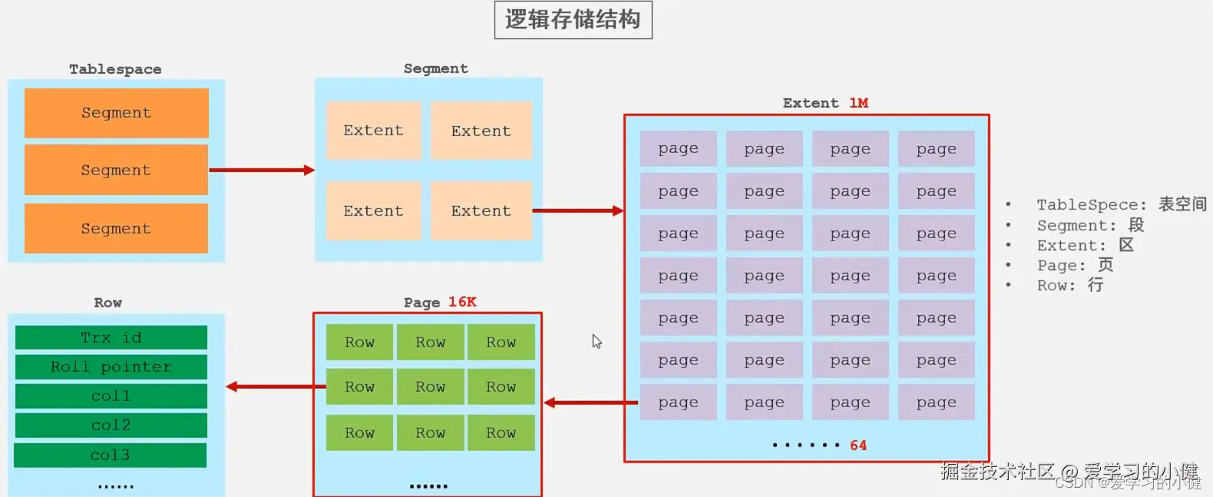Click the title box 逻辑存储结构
pyautogui.click(x=573, y=20)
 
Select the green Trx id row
pyautogui.click(x=111, y=337)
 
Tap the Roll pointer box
pyautogui.click(x=111, y=366)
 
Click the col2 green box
pyautogui.click(x=111, y=425)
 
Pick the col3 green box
pyautogui.click(x=111, y=455)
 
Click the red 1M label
pyautogui.click(x=858, y=103)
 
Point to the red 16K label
pyautogui.click(x=462, y=302)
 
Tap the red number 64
pyautogui.click(x=858, y=446)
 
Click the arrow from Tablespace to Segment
pyautogui.click(x=261, y=170)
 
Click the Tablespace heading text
pyautogui.click(x=115, y=69)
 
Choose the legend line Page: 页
pyautogui.click(x=1075, y=265)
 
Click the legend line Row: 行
pyautogui.click(x=1070, y=285)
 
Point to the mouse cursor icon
pyautogui.click(x=597, y=341)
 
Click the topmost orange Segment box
pyautogui.click(x=117, y=113)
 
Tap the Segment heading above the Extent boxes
pyautogui.click(x=435, y=68)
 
